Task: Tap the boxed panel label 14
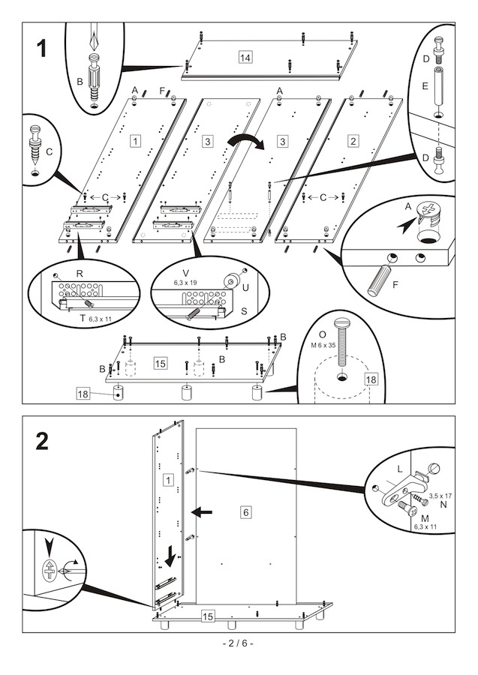coord(245,58)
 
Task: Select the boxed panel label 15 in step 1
coord(160,363)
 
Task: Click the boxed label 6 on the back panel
coord(245,511)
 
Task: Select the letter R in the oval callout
coord(80,273)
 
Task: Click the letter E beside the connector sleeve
coord(425,85)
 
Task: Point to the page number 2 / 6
coord(239,643)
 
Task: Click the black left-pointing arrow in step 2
coord(201,511)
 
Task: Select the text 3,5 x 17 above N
coord(437,496)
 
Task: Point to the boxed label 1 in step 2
coord(168,479)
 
